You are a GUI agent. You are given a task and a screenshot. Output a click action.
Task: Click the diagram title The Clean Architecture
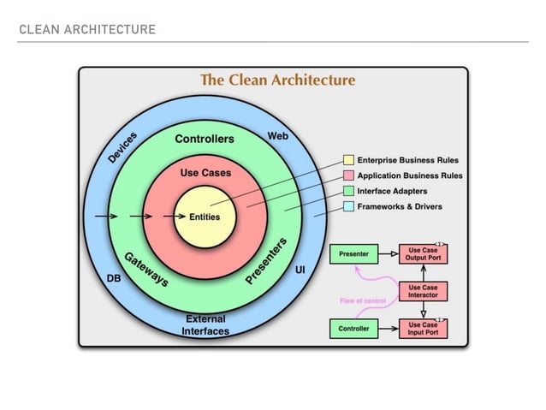click(277, 80)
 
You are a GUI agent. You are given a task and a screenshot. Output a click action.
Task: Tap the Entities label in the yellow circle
click(205, 217)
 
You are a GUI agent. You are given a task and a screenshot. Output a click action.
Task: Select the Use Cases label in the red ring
click(205, 173)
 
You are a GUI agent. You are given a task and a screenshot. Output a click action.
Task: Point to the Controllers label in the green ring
click(205, 139)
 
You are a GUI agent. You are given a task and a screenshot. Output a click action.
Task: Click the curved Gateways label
click(145, 269)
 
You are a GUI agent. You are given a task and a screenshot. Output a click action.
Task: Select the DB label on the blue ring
click(113, 279)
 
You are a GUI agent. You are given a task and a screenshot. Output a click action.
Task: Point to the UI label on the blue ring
click(300, 270)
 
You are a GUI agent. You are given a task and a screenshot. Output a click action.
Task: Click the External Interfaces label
click(205, 325)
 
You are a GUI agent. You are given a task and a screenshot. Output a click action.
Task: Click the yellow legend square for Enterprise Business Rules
click(348, 160)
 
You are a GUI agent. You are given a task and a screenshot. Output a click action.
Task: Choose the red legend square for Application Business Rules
click(348, 175)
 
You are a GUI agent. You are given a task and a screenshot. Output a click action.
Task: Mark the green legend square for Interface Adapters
click(348, 191)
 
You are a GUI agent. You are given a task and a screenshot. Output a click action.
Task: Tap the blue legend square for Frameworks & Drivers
click(348, 206)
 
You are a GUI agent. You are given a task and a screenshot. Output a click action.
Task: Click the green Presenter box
click(353, 254)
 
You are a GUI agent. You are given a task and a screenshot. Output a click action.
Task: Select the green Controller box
click(353, 328)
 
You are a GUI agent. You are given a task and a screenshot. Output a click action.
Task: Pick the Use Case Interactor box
click(423, 291)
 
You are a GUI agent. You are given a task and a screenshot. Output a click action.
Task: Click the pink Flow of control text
click(364, 300)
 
